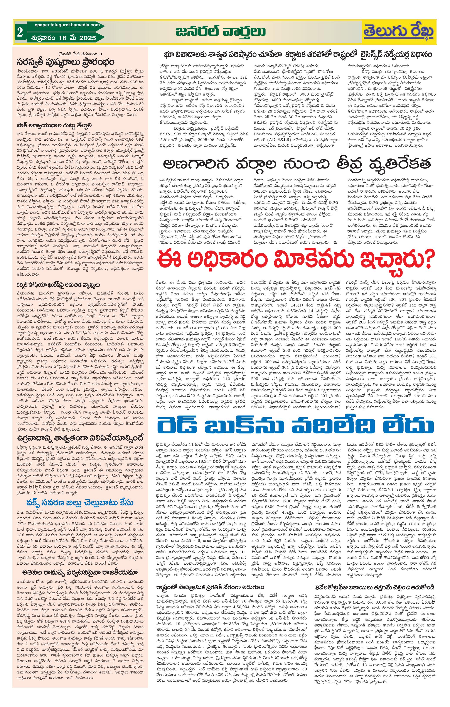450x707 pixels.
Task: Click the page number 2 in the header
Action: click(x=20, y=32)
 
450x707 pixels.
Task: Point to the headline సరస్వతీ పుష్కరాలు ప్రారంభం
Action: click(x=66, y=62)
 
